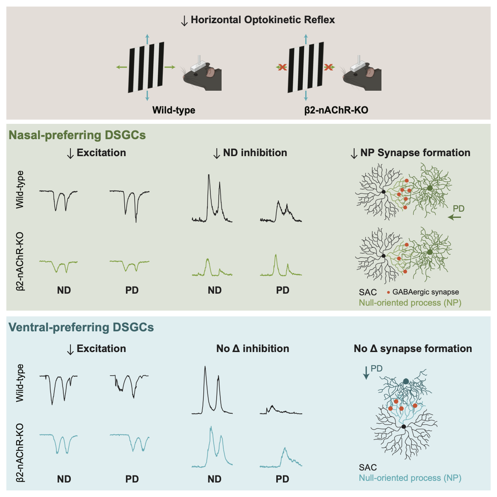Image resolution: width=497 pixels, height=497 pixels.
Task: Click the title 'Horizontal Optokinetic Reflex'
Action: [263, 20]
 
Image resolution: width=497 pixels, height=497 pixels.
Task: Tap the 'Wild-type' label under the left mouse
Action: [174, 110]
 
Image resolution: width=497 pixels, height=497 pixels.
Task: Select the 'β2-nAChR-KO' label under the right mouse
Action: [336, 110]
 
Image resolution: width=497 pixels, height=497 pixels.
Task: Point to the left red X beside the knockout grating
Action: [282, 67]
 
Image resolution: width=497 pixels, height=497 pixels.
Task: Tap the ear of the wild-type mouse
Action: [211, 73]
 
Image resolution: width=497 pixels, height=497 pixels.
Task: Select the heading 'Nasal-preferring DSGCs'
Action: [77, 135]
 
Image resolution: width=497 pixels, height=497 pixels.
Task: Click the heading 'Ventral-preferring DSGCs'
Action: [81, 327]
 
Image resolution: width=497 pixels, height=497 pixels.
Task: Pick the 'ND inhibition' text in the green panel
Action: [255, 153]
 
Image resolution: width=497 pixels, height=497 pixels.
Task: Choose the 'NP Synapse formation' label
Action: [415, 153]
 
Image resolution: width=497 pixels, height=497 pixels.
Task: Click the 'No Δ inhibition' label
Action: [253, 349]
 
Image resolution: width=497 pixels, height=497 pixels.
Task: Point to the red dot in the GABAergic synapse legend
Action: [388, 292]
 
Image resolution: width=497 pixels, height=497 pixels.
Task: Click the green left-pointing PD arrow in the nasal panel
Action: [455, 217]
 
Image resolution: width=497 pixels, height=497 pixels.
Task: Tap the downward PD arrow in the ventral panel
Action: [366, 374]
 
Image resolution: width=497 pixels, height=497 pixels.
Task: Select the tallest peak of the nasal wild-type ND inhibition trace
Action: [209, 175]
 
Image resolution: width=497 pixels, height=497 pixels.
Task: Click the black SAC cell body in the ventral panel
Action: [403, 426]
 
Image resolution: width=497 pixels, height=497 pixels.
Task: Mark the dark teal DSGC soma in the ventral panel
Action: [406, 381]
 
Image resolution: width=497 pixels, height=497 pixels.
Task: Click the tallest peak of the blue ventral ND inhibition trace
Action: [211, 427]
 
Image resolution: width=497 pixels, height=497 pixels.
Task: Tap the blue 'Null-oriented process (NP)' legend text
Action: [410, 478]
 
